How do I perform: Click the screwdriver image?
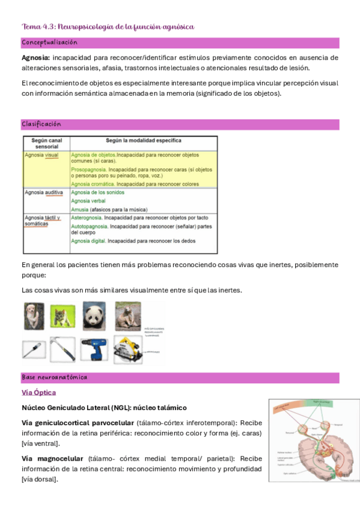tap(34, 349)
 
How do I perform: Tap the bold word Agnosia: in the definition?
tap(35, 58)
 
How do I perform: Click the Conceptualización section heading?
tap(49, 43)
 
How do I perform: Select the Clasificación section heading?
tap(41, 124)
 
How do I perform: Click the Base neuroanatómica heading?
tap(54, 378)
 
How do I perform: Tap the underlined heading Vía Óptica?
tap(38, 393)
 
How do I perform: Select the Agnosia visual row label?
tap(42, 155)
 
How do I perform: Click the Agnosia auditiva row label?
tap(44, 192)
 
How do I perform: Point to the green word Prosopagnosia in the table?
tap(90, 170)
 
